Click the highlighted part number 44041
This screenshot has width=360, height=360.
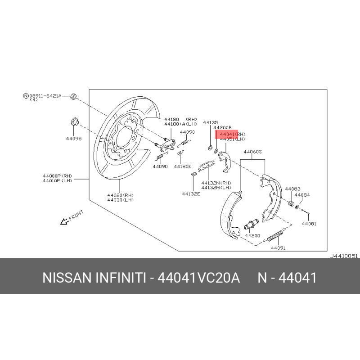227,134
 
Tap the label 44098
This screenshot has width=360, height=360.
74,139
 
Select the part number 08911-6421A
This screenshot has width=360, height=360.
45,96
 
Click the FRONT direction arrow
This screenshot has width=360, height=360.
64,221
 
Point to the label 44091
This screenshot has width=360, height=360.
278,248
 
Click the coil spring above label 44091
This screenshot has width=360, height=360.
275,235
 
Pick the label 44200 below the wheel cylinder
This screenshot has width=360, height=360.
252,235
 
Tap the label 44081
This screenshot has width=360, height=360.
309,224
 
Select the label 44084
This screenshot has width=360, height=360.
302,195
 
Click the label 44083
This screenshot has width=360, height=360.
292,189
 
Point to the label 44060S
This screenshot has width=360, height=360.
252,152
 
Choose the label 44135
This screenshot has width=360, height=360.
211,122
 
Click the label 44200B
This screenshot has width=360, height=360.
222,127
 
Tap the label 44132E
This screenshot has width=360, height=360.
191,194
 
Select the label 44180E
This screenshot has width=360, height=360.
183,166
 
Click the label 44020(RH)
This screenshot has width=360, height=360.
120,195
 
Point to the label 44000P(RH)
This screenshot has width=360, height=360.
58,176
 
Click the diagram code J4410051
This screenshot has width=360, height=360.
344,256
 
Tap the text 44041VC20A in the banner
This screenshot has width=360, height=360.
199,278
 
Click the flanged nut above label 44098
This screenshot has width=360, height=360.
74,121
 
